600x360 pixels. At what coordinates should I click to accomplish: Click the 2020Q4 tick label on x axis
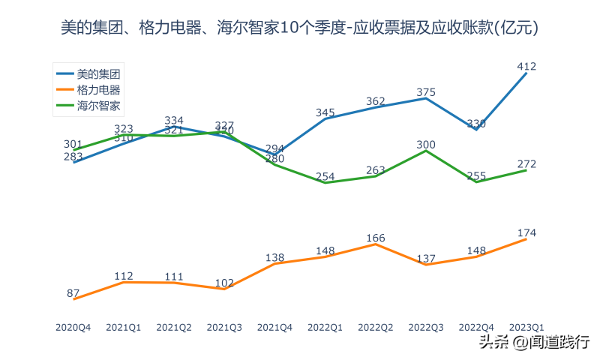point(73,327)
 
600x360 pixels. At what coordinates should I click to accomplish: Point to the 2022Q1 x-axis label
point(325,327)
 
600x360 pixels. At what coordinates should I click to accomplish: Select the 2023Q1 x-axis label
point(526,327)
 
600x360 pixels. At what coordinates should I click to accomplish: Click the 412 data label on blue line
point(526,67)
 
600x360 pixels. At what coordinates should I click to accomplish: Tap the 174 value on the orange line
point(526,232)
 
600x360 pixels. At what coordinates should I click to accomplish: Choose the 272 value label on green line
point(526,164)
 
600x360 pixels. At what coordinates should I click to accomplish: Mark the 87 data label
point(73,293)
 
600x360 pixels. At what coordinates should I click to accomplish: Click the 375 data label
point(425,92)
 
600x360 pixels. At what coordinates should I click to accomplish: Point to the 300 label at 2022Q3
point(425,144)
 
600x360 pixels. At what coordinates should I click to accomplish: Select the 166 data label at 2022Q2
point(376,238)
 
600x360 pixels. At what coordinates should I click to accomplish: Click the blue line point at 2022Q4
point(476,130)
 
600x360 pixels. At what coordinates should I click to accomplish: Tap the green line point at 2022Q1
point(325,182)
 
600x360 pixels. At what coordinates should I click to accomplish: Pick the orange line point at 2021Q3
point(224,289)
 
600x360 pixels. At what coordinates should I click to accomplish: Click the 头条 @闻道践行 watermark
point(534,343)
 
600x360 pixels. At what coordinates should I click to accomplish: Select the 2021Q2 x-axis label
point(174,327)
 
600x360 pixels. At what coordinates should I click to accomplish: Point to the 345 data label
point(325,112)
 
